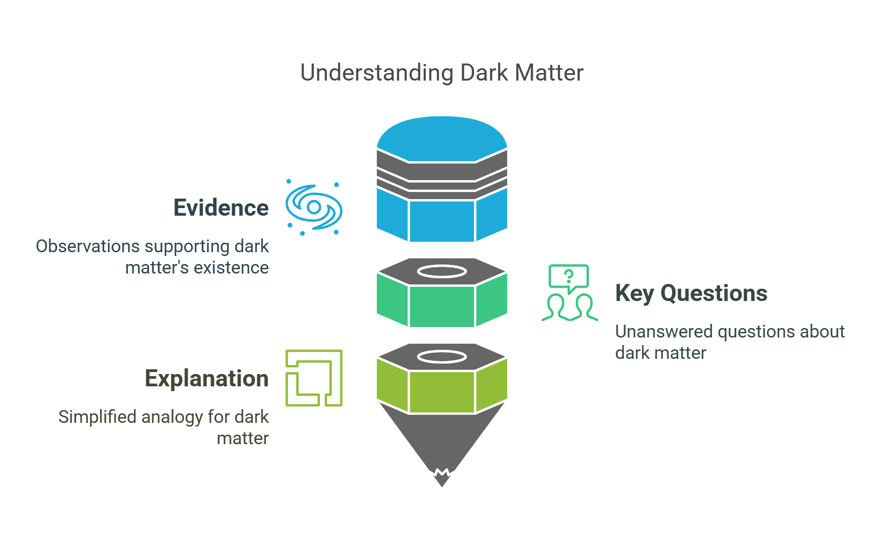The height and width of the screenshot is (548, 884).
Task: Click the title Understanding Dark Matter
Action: click(x=442, y=73)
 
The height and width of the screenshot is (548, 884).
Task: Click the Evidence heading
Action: click(x=221, y=208)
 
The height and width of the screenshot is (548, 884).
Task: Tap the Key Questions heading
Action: click(x=691, y=293)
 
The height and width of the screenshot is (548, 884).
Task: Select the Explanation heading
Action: click(x=207, y=378)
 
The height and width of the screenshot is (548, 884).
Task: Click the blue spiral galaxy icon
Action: click(x=314, y=208)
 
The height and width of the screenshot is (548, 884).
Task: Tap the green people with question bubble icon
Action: click(x=569, y=293)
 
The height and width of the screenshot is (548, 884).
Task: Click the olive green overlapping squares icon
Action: click(x=314, y=378)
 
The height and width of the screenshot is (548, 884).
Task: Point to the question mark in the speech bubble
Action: click(x=569, y=276)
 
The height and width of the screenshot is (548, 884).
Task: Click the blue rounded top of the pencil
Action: click(x=442, y=137)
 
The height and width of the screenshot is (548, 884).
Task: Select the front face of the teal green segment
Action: click(x=442, y=306)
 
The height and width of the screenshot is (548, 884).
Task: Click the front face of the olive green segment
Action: click(x=442, y=392)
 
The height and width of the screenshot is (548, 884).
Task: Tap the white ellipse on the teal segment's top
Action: click(x=442, y=272)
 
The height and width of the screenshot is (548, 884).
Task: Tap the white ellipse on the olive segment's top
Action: click(x=442, y=357)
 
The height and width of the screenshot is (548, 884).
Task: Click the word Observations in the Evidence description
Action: click(x=88, y=247)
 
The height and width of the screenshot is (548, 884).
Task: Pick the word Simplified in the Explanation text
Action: click(x=97, y=417)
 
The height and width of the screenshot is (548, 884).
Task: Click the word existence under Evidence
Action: click(x=231, y=268)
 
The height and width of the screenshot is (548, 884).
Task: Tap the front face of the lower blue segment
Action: click(x=442, y=221)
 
